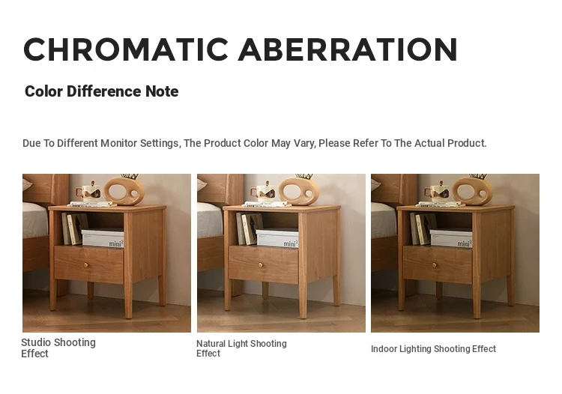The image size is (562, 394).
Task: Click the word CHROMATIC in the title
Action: coord(126,49)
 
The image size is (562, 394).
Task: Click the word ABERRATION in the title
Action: coord(348,49)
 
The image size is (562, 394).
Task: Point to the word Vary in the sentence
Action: coord(304,144)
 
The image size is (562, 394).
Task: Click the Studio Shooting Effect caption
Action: coord(58,348)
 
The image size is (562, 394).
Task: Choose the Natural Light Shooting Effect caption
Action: coord(241,348)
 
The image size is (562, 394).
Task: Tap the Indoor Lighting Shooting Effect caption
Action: coord(433,349)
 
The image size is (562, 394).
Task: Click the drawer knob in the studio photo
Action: coord(86,265)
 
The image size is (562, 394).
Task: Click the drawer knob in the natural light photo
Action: coord(261,265)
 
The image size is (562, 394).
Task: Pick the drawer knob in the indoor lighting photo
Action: coord(435,265)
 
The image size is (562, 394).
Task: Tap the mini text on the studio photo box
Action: coord(116,243)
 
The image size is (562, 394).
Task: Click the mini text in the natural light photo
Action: coord(291,243)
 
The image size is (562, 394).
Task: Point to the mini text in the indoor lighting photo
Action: coord(465,243)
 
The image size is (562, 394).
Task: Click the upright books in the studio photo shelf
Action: coord(74,228)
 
